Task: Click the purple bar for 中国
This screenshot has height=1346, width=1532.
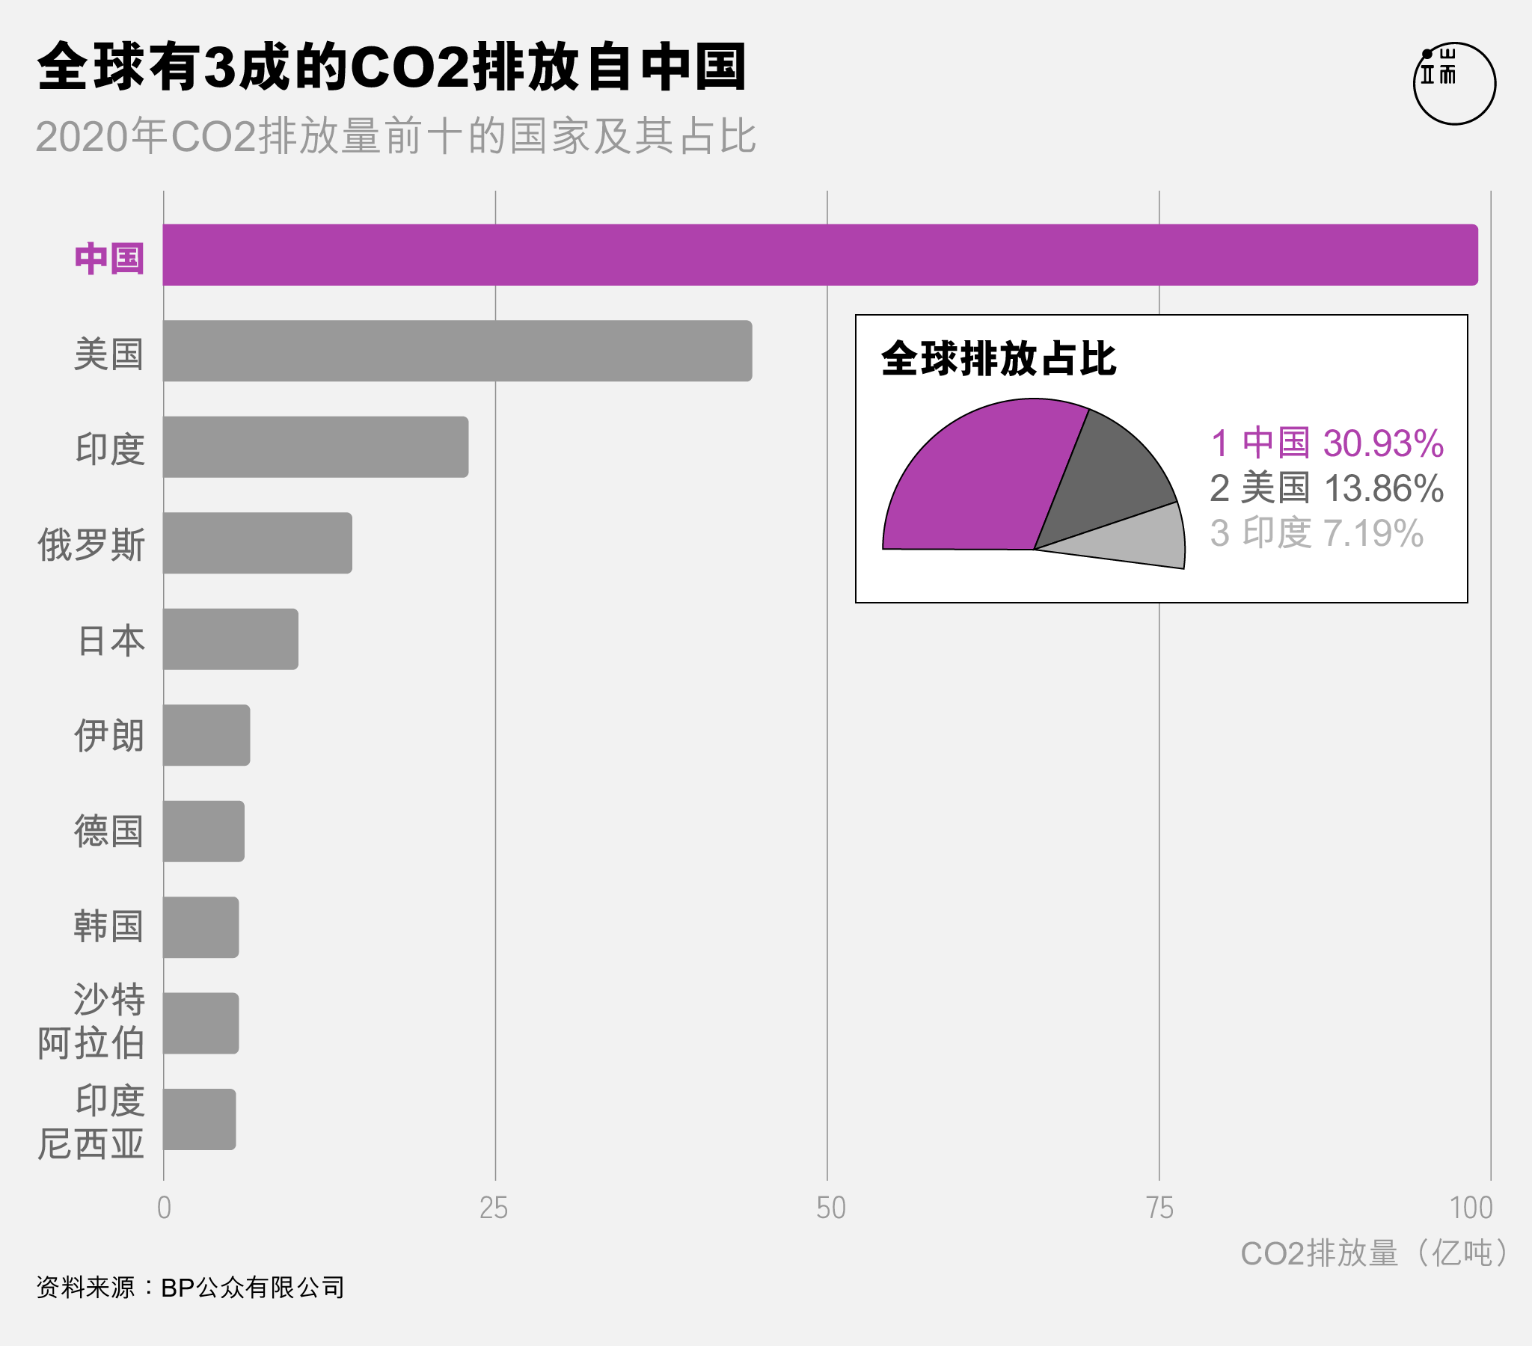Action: (820, 255)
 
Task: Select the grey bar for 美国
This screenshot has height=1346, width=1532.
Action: (457, 351)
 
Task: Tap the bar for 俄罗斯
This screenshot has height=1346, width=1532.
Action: (257, 543)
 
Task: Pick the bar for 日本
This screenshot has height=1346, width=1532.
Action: (230, 639)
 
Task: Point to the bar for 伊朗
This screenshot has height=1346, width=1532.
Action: (206, 734)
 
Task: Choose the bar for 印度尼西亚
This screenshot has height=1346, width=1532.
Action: (200, 1119)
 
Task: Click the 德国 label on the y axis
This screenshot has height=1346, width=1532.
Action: (108, 831)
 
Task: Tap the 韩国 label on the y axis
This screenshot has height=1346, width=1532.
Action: (108, 926)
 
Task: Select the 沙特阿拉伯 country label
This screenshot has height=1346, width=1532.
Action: (91, 1021)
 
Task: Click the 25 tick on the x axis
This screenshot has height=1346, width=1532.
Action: (494, 1208)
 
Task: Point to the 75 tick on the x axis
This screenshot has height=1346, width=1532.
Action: (1159, 1208)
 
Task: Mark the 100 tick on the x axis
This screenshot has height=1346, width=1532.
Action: (1471, 1208)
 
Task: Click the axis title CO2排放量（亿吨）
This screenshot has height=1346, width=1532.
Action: (1376, 1253)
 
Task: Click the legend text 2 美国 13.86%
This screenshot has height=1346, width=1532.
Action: (1326, 488)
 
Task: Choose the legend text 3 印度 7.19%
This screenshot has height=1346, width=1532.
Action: (1317, 534)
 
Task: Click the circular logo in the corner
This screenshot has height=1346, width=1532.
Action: (1454, 83)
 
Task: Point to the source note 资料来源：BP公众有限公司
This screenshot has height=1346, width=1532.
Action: (190, 1288)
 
